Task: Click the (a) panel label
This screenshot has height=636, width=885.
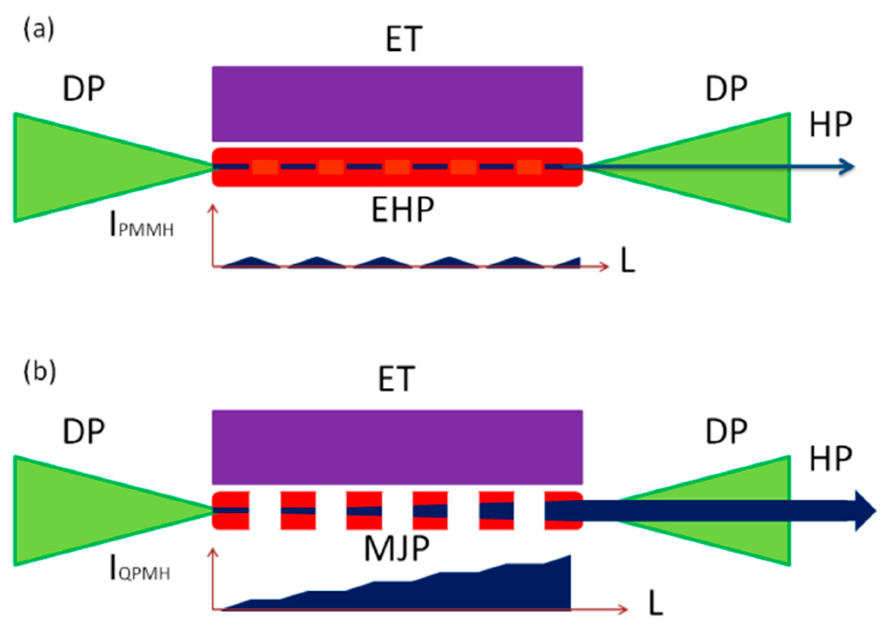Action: [x=39, y=30]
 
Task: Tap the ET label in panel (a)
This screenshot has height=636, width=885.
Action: [x=403, y=39]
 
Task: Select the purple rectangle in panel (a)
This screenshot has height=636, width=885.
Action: [x=397, y=104]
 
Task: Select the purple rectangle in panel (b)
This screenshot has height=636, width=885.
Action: [x=397, y=447]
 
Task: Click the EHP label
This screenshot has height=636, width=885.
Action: [x=403, y=210]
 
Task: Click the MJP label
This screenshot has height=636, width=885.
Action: [x=397, y=549]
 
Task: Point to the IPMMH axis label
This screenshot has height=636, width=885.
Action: [x=141, y=225]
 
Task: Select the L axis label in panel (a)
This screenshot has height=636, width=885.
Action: [x=627, y=260]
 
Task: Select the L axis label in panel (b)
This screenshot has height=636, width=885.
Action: [x=656, y=603]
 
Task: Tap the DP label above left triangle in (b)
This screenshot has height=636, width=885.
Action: [x=84, y=432]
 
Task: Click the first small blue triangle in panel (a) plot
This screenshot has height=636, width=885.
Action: [x=251, y=262]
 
